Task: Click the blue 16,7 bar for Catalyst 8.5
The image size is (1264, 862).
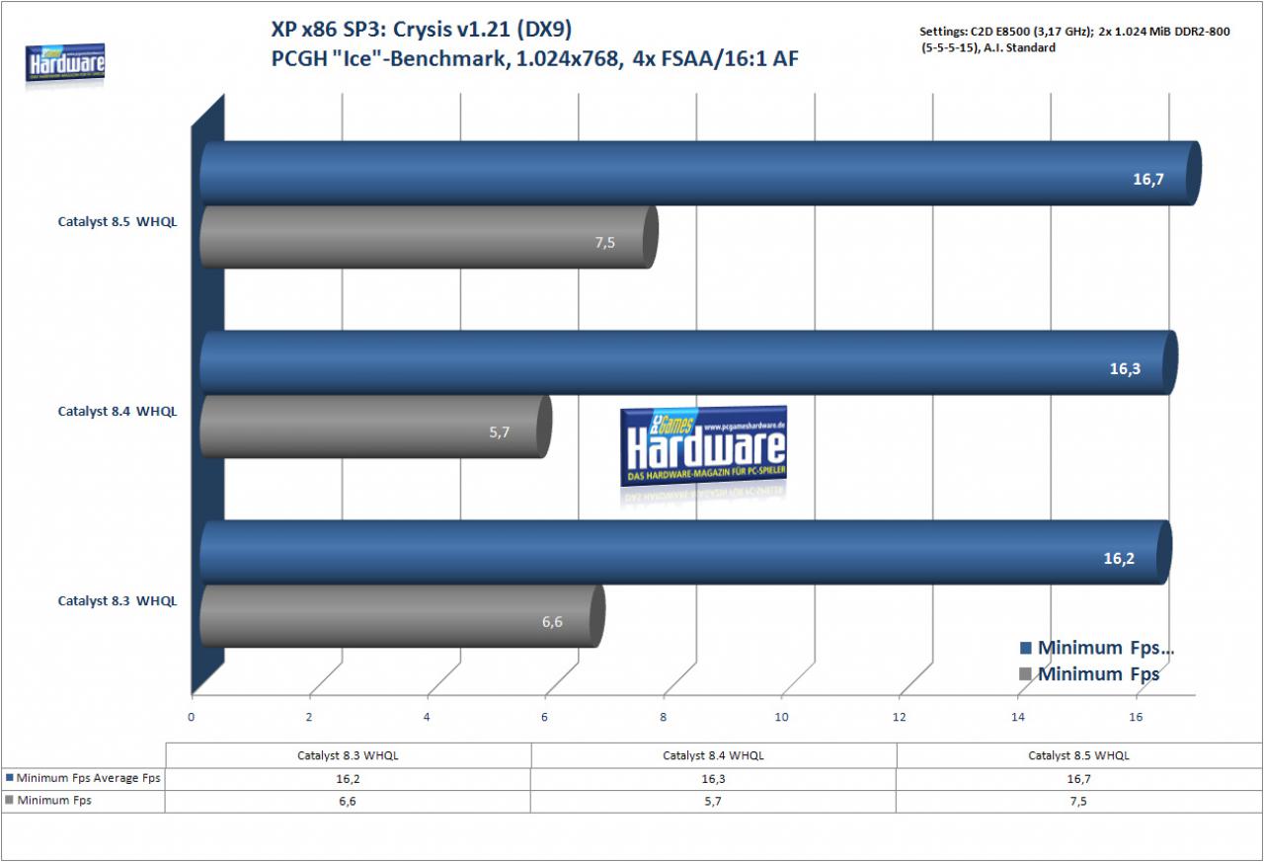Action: tap(700, 173)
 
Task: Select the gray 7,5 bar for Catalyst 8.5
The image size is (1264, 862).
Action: tap(429, 237)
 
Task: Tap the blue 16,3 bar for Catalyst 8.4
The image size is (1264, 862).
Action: tap(688, 362)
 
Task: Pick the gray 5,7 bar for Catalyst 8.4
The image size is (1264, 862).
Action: tap(376, 427)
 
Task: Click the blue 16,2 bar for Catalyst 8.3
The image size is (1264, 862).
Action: tap(685, 552)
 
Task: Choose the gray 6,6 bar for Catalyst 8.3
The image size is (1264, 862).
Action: tap(402, 616)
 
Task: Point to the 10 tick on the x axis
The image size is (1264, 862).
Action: tap(781, 717)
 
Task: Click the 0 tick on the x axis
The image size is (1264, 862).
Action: tap(192, 717)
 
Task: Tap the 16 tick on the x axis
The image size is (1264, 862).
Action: tap(1136, 717)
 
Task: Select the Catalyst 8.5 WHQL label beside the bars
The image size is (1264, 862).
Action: tap(118, 222)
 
